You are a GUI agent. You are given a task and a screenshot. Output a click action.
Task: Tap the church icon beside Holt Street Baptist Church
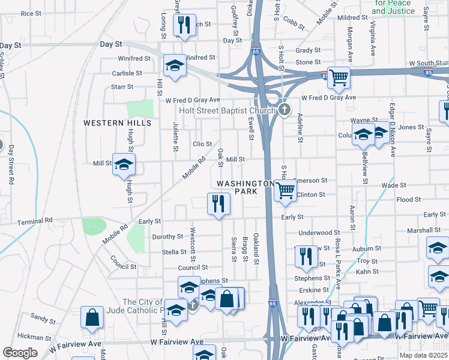click(285, 109)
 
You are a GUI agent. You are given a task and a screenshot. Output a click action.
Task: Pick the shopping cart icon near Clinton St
click(285, 190)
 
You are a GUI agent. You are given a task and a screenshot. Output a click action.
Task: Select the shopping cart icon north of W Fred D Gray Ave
click(339, 76)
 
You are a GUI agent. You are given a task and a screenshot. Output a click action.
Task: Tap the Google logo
click(20, 353)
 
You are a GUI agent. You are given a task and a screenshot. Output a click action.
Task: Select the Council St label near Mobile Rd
click(123, 262)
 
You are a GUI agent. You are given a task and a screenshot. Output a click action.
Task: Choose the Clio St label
click(202, 144)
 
